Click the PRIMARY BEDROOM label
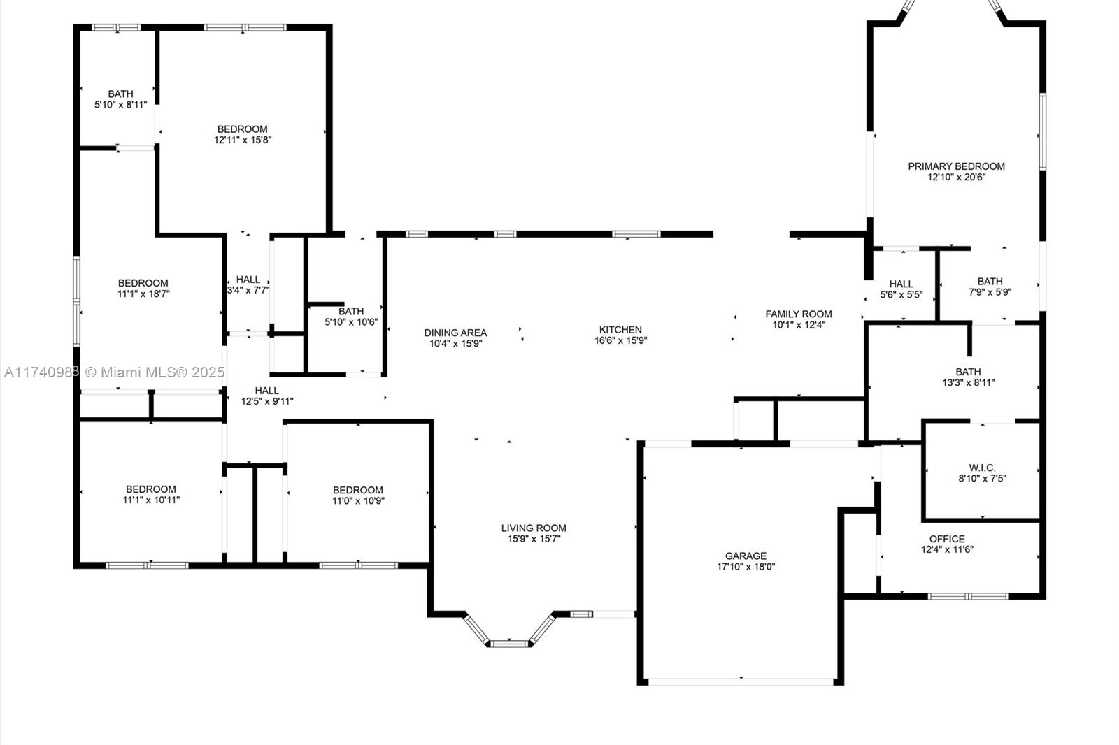pos(956,166)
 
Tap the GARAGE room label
pos(746,556)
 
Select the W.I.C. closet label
pos(982,468)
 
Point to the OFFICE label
pos(947,539)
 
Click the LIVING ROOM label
pos(534,528)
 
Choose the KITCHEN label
pos(620,330)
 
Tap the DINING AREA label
pos(455,333)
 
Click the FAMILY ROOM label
pos(798,314)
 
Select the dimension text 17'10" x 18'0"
pos(746,567)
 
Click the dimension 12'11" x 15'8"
pos(243,140)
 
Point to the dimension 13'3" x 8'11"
pos(968,383)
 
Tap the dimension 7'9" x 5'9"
pos(990,292)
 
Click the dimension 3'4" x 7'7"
pos(248,290)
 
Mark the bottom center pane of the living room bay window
pos(509,644)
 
